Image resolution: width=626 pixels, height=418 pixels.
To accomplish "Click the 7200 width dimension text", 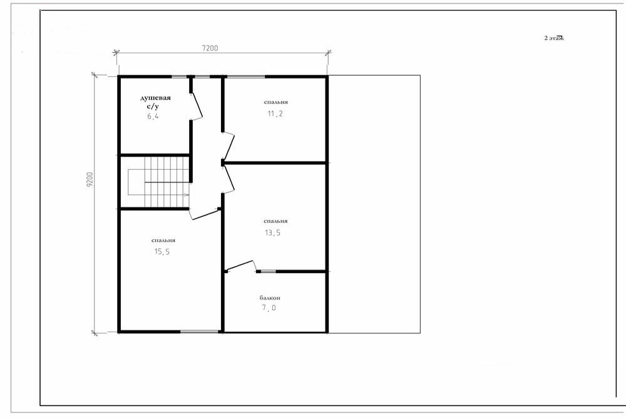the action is coord(210,48).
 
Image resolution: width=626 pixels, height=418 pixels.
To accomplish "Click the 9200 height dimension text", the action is coord(90,180).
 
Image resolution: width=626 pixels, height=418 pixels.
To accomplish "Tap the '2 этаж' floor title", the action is coord(554,38).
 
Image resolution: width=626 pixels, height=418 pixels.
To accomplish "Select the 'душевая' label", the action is coord(155,98).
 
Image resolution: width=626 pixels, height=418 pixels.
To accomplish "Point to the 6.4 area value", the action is coord(153,117).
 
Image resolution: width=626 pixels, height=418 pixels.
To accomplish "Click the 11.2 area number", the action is coord(275,114).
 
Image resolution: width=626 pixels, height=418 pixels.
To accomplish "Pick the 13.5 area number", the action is coord(273,233).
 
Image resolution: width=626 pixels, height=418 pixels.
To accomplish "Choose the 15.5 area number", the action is coord(162,252).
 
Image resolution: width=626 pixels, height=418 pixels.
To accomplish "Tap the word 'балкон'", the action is coord(270,298).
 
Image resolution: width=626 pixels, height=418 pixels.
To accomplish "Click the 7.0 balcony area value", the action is coord(269,308).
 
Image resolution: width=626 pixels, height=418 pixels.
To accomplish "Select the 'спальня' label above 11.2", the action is coord(276,102).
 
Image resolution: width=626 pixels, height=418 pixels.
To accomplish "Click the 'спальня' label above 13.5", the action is coord(276,221).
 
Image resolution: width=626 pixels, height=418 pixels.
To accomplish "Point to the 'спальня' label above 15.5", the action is coord(163,241).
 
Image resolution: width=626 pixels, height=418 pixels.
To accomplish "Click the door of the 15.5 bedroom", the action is coord(205,214).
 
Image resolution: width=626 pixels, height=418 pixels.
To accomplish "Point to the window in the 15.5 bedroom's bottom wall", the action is coord(199,332).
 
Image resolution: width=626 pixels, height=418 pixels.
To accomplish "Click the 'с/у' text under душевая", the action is coord(153,107).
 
